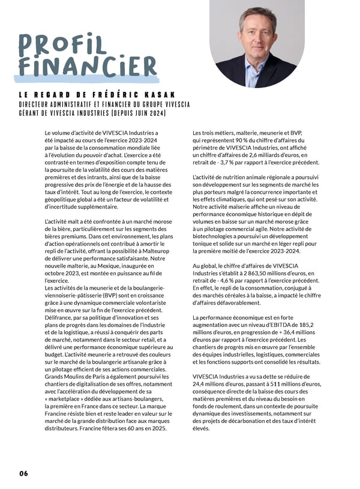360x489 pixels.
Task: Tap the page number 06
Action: point(23,473)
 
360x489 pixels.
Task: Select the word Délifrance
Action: point(59,320)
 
